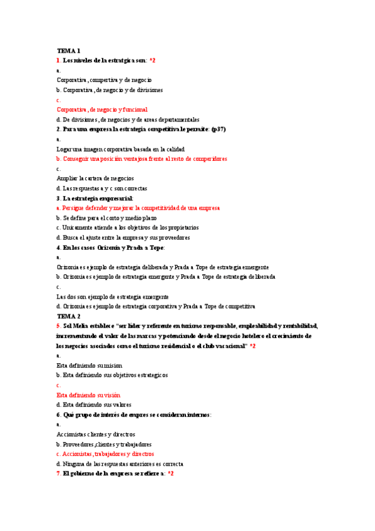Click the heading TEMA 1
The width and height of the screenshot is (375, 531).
tap(68, 50)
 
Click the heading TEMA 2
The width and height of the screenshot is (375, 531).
tap(68, 316)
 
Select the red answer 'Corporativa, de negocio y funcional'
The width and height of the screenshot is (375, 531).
tap(106, 110)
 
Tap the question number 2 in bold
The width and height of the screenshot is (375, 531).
tap(58, 129)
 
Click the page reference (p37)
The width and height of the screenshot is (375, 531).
tap(218, 129)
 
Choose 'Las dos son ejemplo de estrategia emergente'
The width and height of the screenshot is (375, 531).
tap(113, 297)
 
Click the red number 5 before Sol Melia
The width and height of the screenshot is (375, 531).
tap(58, 326)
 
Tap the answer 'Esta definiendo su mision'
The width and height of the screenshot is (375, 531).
tap(90, 365)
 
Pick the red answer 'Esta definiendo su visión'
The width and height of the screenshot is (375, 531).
tap(88, 395)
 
